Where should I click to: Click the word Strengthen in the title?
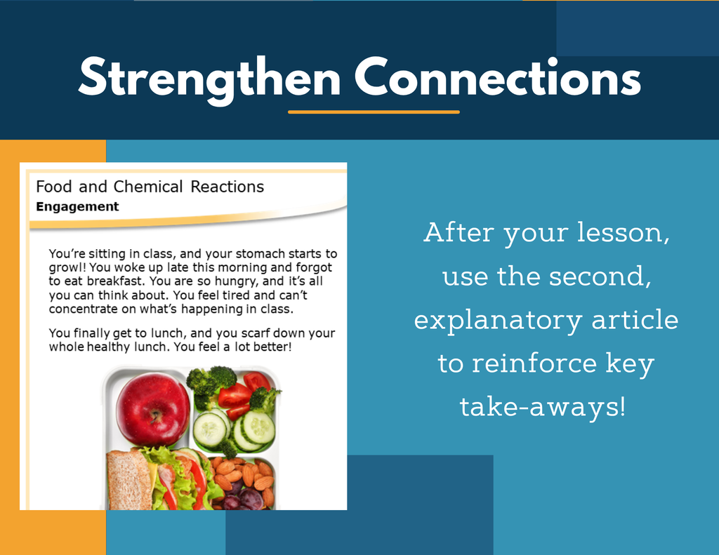coord(209,79)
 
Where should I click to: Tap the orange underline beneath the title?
coord(374,112)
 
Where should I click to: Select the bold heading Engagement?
coord(77,207)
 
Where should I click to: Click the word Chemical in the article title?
coord(147,187)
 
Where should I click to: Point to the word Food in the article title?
coord(53,187)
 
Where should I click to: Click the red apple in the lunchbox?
coord(152,409)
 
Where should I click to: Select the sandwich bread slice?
coord(129,480)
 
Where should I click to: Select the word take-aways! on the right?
coord(543,406)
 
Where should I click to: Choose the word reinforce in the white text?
coord(534,363)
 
